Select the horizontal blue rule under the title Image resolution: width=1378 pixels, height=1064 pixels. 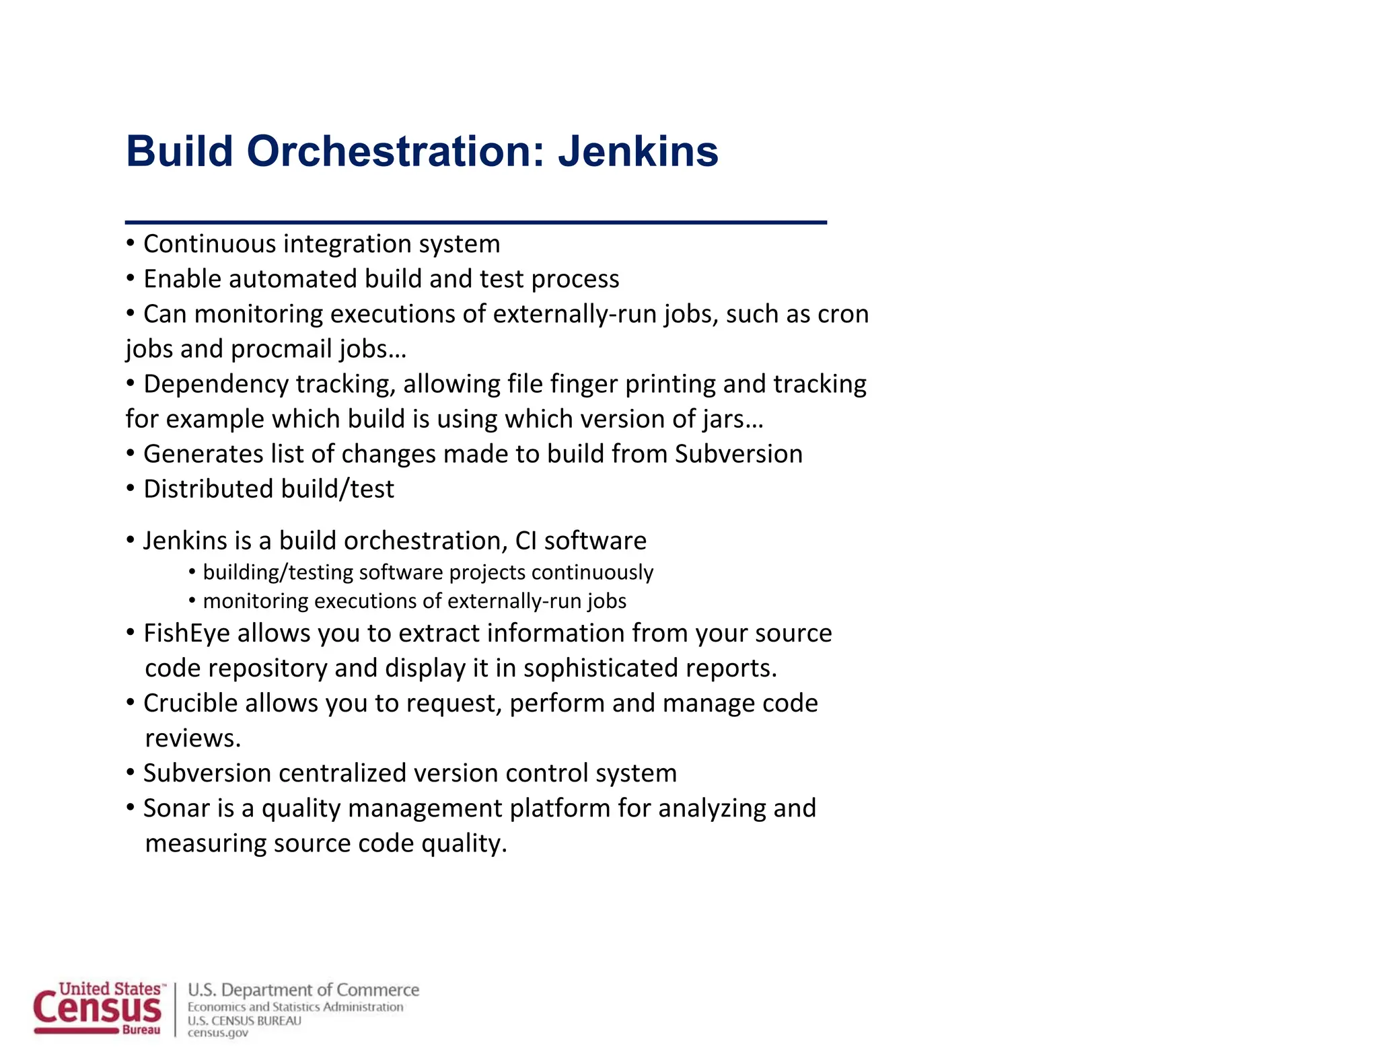point(476,222)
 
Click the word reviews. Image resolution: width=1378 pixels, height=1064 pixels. point(193,738)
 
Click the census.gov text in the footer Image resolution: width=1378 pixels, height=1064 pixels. point(217,1033)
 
